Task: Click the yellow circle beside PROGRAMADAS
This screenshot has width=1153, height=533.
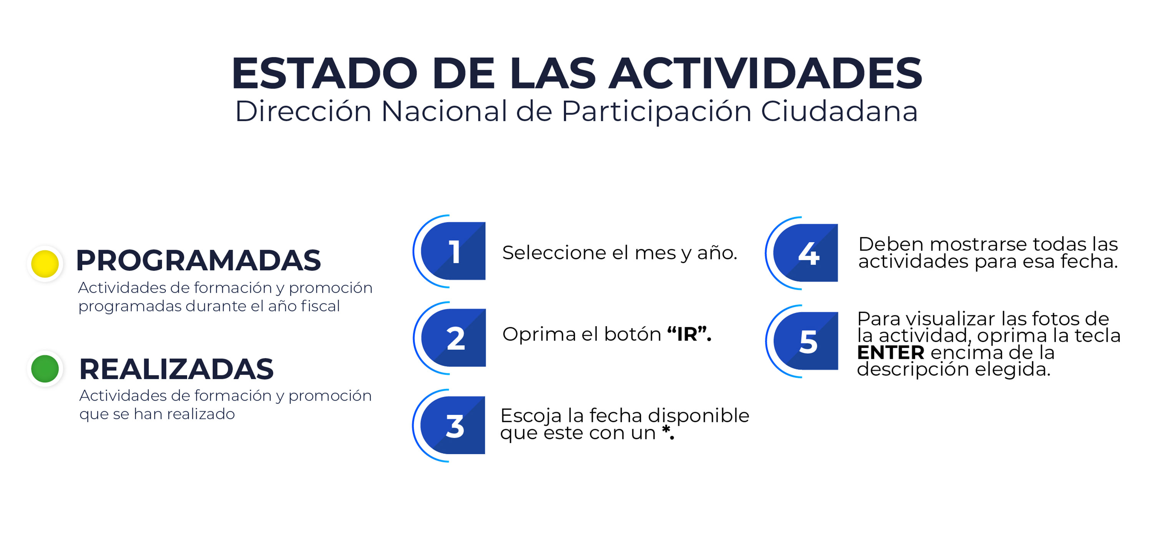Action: (x=45, y=264)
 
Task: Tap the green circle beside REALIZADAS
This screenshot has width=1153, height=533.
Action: (x=45, y=369)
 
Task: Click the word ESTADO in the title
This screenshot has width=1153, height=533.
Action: (x=324, y=73)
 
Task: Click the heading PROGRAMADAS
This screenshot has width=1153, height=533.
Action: (x=198, y=260)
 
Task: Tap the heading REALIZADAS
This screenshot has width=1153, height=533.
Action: (x=176, y=369)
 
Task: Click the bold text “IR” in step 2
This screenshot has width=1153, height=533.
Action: (x=689, y=334)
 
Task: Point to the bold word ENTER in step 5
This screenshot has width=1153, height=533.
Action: (x=891, y=353)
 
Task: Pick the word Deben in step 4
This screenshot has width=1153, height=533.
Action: (x=891, y=245)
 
